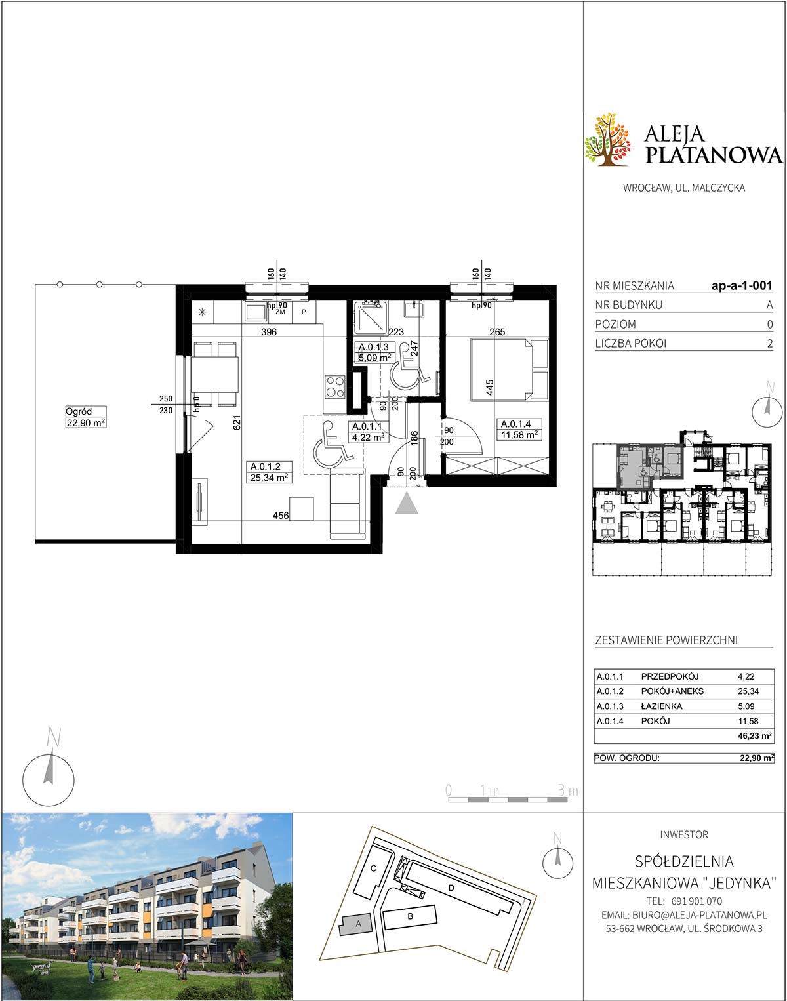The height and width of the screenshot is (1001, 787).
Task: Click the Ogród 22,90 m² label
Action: coord(85,417)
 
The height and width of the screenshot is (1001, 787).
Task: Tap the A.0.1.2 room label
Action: coord(270,472)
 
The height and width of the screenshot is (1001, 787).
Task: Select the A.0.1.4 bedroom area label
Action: coord(519,429)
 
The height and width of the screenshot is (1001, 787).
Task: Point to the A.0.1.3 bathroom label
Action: coord(374,352)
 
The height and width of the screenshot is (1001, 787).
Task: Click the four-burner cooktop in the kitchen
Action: coord(335,386)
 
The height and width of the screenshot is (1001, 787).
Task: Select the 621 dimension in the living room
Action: coord(237,422)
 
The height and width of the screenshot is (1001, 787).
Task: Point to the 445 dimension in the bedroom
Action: coord(489,388)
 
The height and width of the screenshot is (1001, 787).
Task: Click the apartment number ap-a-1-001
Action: coord(742,285)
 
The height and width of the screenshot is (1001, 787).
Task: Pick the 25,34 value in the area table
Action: coord(748,691)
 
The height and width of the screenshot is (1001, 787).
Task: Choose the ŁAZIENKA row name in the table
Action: coord(662,706)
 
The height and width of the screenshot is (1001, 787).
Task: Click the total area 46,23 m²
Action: coord(755,736)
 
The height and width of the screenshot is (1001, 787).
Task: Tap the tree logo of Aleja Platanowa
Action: coord(609,138)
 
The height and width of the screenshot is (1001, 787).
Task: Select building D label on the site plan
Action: coord(451,888)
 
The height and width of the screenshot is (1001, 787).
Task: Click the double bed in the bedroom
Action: coord(510,369)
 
